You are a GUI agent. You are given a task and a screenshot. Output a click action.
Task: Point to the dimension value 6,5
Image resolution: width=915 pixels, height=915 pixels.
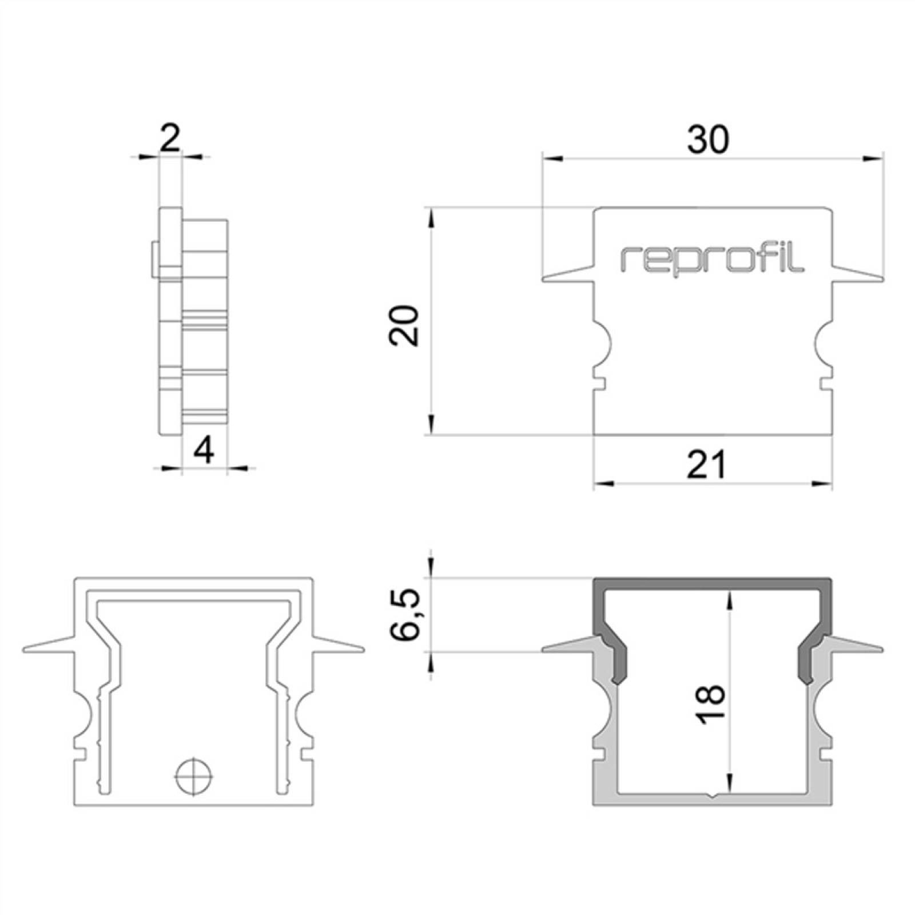pyautogui.click(x=407, y=615)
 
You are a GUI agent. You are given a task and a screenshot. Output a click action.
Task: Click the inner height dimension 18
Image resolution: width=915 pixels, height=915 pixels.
pyautogui.click(x=711, y=705)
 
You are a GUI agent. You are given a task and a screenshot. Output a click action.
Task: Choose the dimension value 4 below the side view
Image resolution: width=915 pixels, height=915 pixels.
pyautogui.click(x=204, y=450)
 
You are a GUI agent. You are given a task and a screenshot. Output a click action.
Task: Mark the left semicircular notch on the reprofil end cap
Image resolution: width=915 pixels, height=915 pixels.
pyautogui.click(x=603, y=345)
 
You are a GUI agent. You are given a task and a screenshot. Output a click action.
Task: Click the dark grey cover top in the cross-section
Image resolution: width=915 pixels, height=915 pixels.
pyautogui.click(x=713, y=585)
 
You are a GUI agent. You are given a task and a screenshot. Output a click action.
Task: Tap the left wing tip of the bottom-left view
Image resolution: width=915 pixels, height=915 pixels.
pyautogui.click(x=25, y=650)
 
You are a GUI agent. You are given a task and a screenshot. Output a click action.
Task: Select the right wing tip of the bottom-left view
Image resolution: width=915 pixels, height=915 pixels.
pyautogui.click(x=363, y=650)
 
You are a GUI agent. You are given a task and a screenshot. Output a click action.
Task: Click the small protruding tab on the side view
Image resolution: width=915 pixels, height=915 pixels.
pyautogui.click(x=156, y=261)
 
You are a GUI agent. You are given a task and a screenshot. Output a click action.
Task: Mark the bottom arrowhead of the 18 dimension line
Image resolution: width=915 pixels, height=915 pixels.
pyautogui.click(x=730, y=782)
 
